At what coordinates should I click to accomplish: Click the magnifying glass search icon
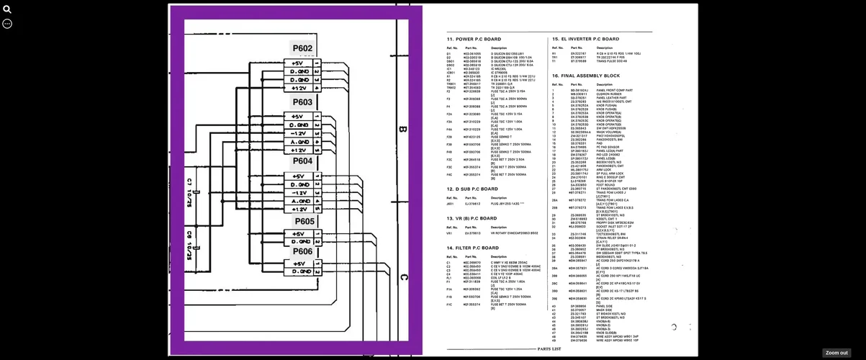click(x=7, y=9)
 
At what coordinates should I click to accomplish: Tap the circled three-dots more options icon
click(x=7, y=24)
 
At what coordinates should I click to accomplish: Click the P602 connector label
click(x=302, y=48)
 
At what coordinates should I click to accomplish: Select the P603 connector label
click(x=302, y=102)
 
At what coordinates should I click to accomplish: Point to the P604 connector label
click(x=302, y=161)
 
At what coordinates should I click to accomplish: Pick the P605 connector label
click(x=304, y=221)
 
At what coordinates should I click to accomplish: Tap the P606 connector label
click(x=302, y=251)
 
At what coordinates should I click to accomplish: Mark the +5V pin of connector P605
click(x=298, y=234)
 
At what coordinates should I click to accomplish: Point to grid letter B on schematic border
click(x=402, y=130)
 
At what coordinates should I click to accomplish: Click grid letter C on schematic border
click(x=403, y=276)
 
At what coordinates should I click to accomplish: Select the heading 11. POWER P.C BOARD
click(x=474, y=39)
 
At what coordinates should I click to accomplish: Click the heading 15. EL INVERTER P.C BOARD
click(x=585, y=39)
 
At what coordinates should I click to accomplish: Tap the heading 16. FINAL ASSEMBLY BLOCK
click(x=585, y=76)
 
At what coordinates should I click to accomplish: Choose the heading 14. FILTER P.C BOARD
click(x=472, y=248)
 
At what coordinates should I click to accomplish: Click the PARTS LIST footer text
click(x=549, y=348)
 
